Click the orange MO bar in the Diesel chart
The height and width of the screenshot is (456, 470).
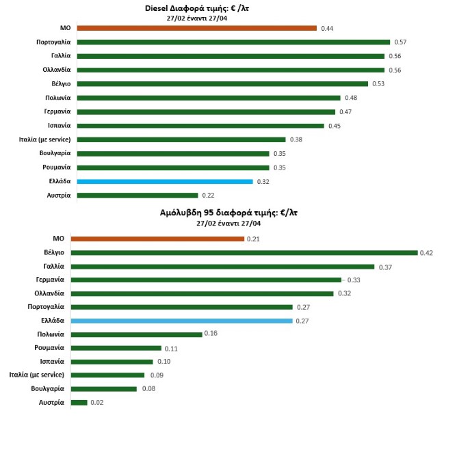click(196, 28)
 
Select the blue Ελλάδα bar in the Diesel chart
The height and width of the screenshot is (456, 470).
click(165, 181)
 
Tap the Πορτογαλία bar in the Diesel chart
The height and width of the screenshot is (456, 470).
click(233, 42)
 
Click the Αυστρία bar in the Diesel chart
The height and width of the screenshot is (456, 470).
click(137, 196)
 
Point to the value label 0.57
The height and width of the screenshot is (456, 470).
click(400, 42)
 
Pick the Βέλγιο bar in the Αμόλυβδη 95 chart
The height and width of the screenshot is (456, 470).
click(244, 252)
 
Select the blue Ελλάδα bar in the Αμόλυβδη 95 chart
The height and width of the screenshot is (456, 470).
click(181, 320)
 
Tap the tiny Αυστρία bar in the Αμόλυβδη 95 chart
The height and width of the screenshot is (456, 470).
click(79, 403)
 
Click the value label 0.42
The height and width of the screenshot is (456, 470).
click(427, 253)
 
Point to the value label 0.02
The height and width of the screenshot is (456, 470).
click(96, 403)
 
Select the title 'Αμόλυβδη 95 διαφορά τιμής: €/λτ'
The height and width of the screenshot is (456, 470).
click(228, 213)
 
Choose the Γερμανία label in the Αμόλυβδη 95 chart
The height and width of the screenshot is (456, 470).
click(50, 280)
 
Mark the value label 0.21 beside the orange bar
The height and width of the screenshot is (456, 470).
click(253, 239)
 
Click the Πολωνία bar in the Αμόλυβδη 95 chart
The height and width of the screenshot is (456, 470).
click(137, 334)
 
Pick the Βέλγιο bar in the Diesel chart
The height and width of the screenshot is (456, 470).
click(222, 84)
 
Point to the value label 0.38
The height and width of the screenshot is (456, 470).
click(296, 140)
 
